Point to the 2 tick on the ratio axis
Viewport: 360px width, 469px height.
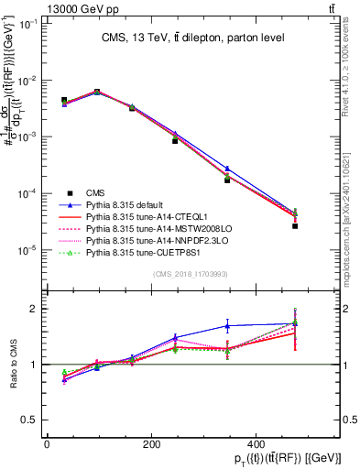32,309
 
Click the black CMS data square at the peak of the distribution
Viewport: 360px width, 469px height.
97,92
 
